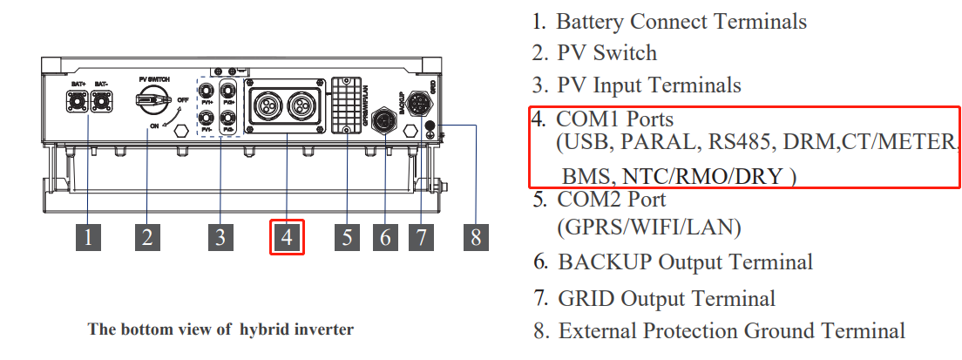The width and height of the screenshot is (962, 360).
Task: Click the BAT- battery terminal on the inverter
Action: [103, 101]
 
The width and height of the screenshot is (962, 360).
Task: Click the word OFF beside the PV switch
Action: [183, 99]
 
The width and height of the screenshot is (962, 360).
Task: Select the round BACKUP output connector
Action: [384, 119]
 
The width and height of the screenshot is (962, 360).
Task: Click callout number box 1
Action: [87, 236]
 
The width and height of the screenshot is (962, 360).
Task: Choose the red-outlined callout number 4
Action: [287, 237]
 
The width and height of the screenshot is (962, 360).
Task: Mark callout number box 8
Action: [475, 236]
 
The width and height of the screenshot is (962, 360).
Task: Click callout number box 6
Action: [385, 236]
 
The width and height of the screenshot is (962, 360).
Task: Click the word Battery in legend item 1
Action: [593, 22]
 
